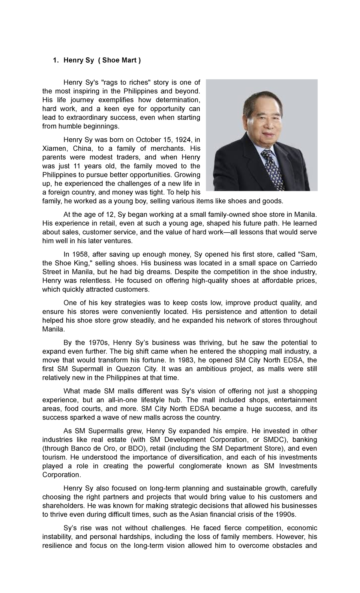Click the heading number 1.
tap(55, 60)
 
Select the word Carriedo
tap(303, 263)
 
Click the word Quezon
tap(129, 369)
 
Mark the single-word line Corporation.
tap(62, 475)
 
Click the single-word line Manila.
tap(53, 329)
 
